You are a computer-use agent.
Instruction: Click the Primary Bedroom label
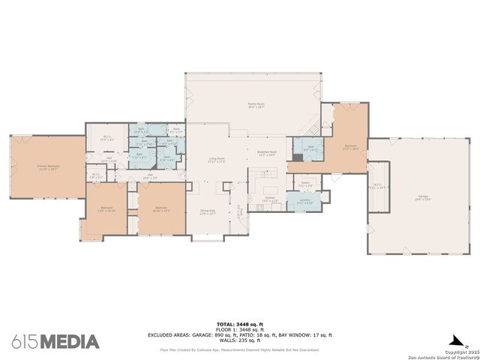pyautogui.click(x=46, y=168)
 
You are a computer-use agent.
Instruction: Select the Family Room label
pyautogui.click(x=256, y=106)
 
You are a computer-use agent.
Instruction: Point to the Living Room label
pyautogui.click(x=217, y=160)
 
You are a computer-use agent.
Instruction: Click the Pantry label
pyautogui.click(x=306, y=184)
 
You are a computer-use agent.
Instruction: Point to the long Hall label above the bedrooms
pyautogui.click(x=150, y=175)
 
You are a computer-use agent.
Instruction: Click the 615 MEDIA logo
pyautogui.click(x=55, y=341)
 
